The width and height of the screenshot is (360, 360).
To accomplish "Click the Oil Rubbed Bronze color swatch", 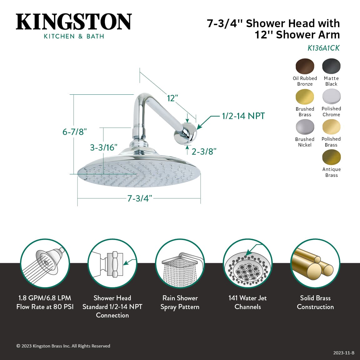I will pos(305,66).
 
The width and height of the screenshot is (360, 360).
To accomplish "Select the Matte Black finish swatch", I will pos(331,66).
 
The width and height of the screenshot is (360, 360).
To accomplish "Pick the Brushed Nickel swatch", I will pos(305,127).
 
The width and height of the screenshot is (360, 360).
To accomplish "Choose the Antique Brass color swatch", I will pos(331,157).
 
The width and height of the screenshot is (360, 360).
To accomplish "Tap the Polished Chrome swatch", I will pos(331,97).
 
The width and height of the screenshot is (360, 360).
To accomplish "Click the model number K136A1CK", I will pos(323,48).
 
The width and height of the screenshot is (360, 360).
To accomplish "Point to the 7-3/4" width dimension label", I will pos(140,198).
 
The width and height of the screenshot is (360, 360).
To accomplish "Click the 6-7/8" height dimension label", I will pos(74,132).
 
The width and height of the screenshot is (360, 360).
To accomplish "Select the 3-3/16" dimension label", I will pos(104,147).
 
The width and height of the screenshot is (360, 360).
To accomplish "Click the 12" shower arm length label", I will pos(172,98).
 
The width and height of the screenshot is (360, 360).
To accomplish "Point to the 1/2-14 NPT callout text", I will pos(243,116).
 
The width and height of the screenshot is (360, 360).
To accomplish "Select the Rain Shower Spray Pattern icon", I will pos(180,263).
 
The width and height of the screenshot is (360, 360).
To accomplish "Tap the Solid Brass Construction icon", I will pos(315,263).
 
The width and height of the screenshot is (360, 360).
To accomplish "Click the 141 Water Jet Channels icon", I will pos(247,263).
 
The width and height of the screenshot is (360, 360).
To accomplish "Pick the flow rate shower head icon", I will pos(45,263).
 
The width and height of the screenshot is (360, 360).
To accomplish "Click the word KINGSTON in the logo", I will pos(74,22).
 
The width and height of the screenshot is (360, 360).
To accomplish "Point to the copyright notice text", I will pos(63,346).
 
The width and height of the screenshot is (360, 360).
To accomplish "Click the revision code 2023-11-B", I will pos(343,353).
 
